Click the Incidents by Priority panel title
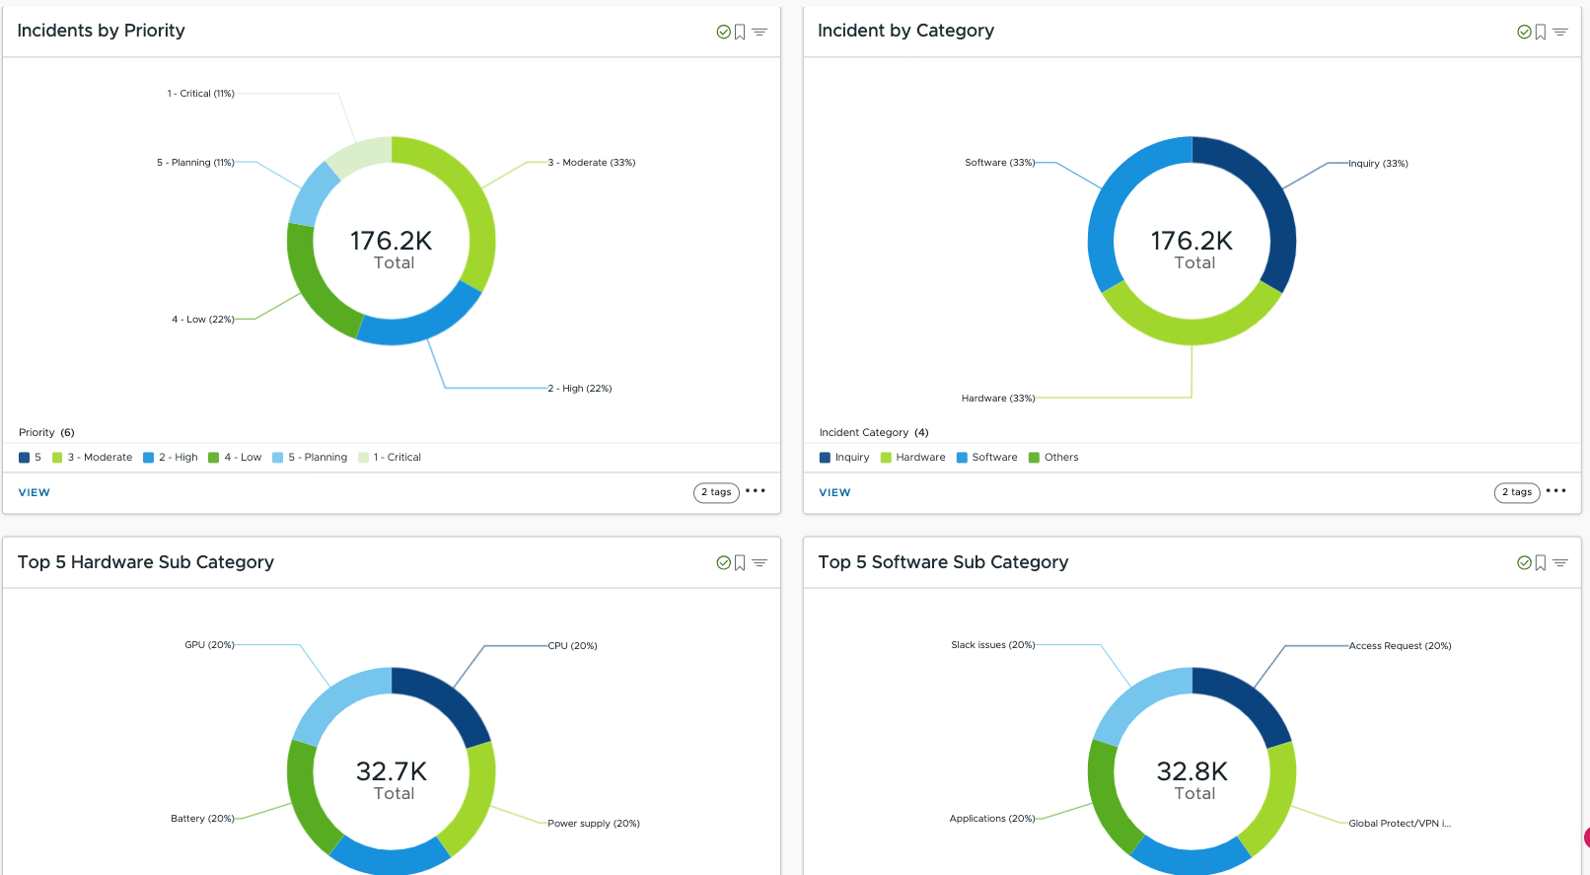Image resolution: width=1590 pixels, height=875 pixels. pos(101,31)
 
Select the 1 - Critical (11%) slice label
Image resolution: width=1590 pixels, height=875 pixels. pos(200,94)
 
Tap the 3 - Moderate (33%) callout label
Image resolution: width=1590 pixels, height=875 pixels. pos(592,163)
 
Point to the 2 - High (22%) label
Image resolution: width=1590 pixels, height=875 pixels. pos(580,389)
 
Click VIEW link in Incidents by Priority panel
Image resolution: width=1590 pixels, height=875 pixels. pos(35,492)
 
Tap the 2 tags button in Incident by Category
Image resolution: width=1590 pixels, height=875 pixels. pos(1516,492)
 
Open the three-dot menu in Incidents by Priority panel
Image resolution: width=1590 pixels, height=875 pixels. pos(756,491)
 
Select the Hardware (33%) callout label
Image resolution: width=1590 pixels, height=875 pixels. pos(998,399)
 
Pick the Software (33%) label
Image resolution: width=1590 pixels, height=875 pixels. pos(999,163)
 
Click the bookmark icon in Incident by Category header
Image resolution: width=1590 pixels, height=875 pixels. pos(1541,33)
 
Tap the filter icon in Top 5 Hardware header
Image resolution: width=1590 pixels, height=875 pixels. pos(759,563)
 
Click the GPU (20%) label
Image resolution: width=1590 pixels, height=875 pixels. pos(209,645)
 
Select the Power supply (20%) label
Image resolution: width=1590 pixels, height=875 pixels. pos(594,824)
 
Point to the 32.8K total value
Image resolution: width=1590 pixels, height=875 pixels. pos(1192,771)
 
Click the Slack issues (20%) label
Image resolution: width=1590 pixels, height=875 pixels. pos(992,645)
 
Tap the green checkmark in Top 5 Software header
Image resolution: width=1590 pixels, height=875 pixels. pos(1524,563)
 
